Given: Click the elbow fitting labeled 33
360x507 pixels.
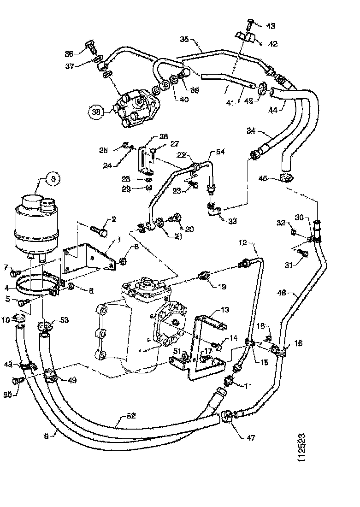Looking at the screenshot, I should click(213, 211).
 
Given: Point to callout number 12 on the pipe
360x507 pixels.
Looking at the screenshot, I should click(243, 242).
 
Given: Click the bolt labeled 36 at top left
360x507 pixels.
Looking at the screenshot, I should click(90, 47).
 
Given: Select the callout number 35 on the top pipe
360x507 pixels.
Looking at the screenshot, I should click(184, 40).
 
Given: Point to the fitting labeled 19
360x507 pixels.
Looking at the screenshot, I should click(202, 277).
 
